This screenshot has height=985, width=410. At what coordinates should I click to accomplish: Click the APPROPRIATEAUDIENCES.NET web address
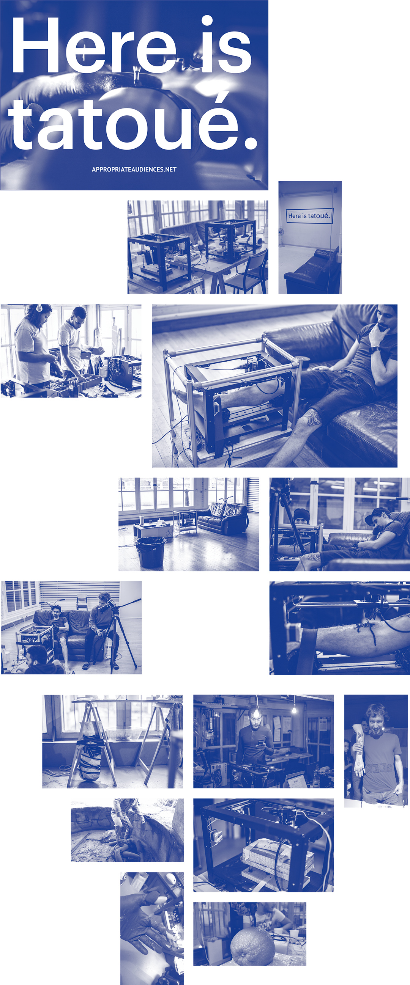(134, 170)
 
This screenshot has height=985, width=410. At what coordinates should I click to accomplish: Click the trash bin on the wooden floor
(151, 552)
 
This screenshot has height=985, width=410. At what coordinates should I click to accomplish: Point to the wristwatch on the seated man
(375, 349)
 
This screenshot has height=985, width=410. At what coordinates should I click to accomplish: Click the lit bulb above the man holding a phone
(256, 712)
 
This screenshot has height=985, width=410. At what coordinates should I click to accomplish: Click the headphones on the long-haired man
(39, 308)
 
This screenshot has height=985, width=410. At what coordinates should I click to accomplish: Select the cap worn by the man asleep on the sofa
(377, 515)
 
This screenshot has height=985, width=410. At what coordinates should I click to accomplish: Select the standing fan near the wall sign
(281, 234)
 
